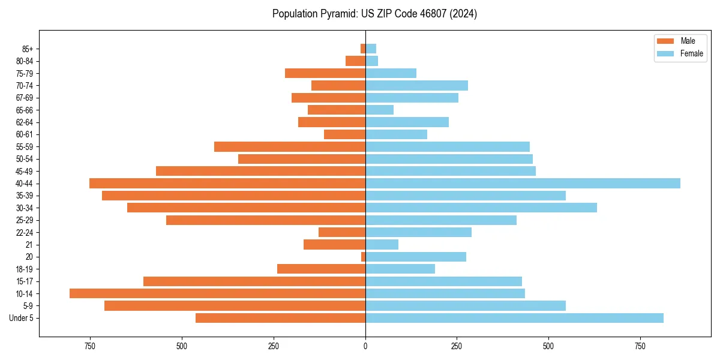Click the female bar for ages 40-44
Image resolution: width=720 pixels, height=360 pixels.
click(x=522, y=183)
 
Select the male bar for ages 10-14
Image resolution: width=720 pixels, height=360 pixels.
click(x=217, y=293)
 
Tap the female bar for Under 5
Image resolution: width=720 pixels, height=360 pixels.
click(x=514, y=318)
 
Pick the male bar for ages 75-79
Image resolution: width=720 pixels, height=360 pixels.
click(x=325, y=73)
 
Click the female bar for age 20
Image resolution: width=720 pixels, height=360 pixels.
click(x=415, y=257)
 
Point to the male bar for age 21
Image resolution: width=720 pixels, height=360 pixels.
click(x=334, y=244)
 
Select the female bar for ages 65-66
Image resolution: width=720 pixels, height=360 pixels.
click(x=379, y=110)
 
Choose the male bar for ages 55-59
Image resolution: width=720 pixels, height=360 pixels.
click(x=290, y=146)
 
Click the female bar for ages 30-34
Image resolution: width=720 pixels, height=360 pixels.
click(x=481, y=208)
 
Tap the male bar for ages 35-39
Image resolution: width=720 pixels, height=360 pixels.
click(x=233, y=196)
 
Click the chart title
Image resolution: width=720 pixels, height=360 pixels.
click(x=374, y=14)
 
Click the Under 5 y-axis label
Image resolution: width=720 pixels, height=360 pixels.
click(x=22, y=318)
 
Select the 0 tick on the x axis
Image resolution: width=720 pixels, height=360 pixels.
click(x=365, y=347)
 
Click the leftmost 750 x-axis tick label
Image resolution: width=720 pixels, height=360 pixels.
click(x=90, y=347)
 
